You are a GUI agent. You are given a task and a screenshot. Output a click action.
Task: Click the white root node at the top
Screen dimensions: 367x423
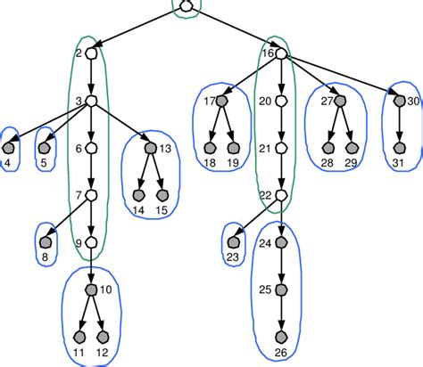[186, 7]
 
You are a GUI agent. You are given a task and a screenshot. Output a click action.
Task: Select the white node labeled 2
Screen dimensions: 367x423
[91, 54]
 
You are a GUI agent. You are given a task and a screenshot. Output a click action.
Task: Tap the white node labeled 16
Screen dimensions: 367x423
[280, 54]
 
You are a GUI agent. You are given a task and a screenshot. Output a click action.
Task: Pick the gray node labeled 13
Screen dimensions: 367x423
[150, 148]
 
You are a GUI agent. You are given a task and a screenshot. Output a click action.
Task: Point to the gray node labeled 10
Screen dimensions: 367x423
[91, 291]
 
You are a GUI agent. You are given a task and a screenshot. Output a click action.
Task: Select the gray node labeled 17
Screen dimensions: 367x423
[222, 102]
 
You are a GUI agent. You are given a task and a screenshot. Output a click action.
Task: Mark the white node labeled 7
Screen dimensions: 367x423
[91, 195]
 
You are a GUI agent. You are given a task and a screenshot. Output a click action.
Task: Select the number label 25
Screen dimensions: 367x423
[265, 290]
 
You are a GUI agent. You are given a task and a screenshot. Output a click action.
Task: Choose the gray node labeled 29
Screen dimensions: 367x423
[351, 148]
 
